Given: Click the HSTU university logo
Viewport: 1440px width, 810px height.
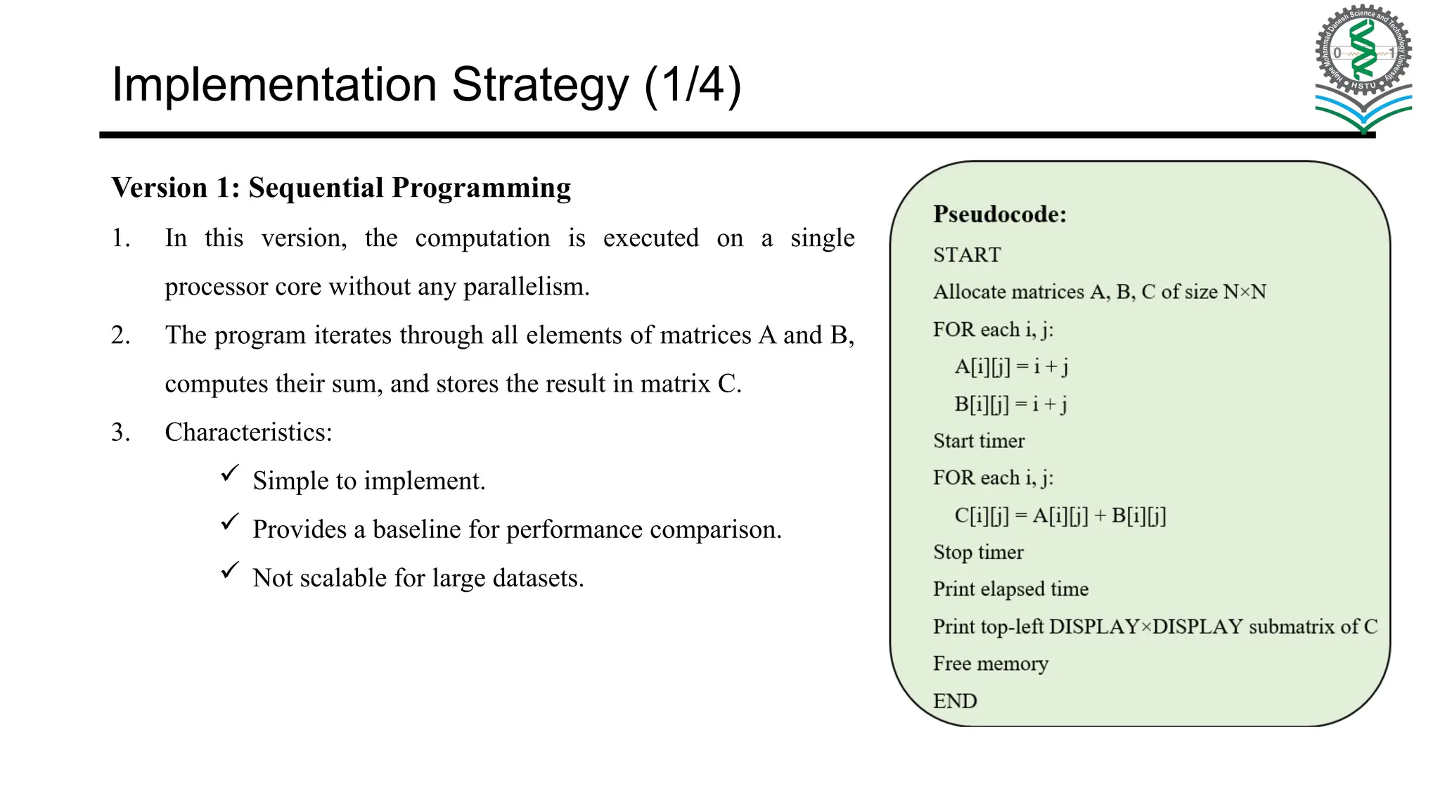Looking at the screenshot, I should coord(1363,67).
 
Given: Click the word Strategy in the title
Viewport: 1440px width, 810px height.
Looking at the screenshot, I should coord(540,85).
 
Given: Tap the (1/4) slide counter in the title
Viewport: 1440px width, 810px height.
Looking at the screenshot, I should coord(693,85).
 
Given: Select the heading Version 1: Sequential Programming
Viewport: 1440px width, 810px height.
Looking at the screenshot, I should coord(341,188).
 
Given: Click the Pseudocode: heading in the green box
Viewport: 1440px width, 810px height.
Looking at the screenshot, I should coord(999,214).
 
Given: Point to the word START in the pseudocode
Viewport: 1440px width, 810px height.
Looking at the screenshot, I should coord(967,255).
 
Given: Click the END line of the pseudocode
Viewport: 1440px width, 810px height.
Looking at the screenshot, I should coord(955,701).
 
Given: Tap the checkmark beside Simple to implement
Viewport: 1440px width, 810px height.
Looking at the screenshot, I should coord(230,473).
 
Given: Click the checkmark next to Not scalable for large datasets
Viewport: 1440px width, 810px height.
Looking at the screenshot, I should coord(230,570).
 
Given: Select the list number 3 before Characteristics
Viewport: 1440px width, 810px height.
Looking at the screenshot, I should coord(120,432).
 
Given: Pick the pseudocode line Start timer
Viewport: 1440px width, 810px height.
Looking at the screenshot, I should coord(979,441).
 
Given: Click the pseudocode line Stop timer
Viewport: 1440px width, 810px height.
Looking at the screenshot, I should coord(978,553).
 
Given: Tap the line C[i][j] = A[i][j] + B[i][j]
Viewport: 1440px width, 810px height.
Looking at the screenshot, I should coord(1060,516).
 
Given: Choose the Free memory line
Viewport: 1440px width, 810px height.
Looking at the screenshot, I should coord(990,664).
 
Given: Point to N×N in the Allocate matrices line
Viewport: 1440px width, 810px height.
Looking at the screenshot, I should coord(1245,292).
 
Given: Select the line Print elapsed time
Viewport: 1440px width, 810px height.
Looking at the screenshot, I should coord(1010,589).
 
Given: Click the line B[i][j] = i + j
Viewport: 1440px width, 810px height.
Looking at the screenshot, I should coord(1010,404).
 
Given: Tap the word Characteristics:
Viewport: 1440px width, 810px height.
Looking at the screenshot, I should coord(248,432).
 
